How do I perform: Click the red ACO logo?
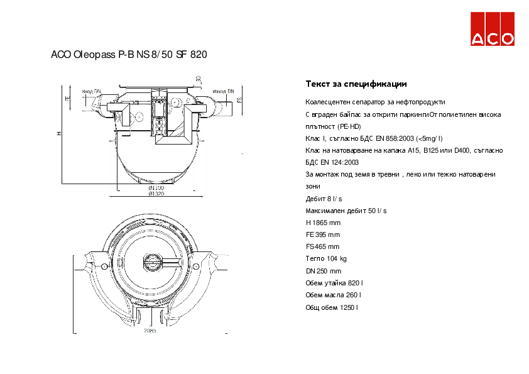[493, 29]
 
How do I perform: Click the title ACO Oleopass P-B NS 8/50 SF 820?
[129, 55]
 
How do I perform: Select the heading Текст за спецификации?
[356, 84]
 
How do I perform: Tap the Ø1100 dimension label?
[156, 188]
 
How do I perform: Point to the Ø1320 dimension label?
[156, 194]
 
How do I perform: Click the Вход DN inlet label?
[92, 91]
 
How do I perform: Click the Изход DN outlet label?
[223, 91]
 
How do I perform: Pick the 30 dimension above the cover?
[198, 79]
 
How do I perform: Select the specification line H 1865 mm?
[323, 223]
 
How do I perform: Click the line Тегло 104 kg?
[326, 258]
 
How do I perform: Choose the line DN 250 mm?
[323, 271]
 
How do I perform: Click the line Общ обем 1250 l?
[332, 307]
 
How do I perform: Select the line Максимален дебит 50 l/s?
[346, 211]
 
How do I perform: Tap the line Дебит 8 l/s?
[324, 199]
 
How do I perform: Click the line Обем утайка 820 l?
[334, 283]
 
